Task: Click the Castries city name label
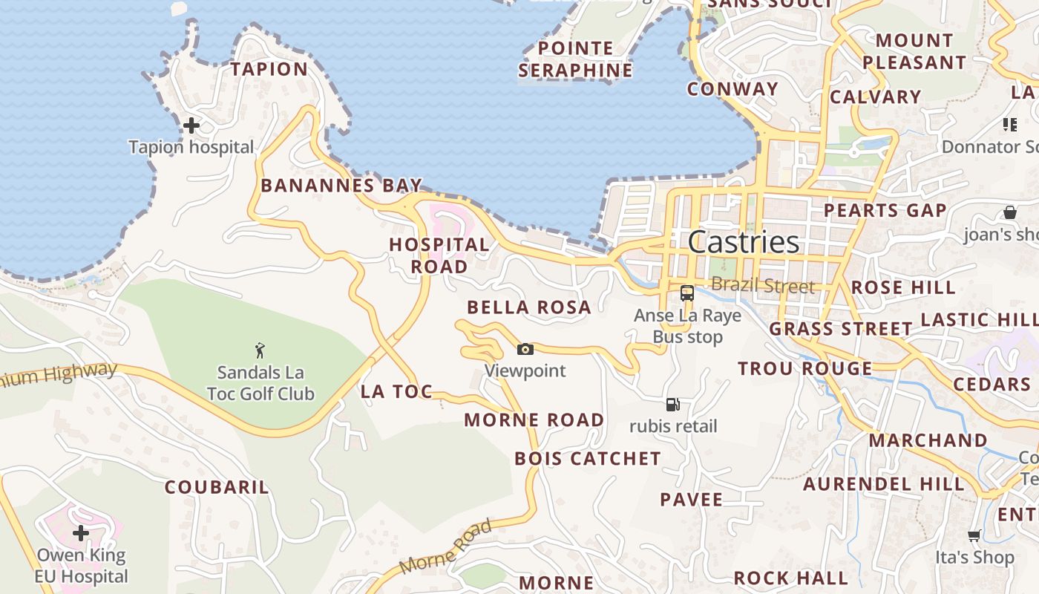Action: pyautogui.click(x=743, y=242)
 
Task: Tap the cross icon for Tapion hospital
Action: pyautogui.click(x=191, y=125)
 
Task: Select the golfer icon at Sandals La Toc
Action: pyautogui.click(x=260, y=350)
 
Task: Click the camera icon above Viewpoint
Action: pyautogui.click(x=525, y=349)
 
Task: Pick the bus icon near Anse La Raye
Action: pyautogui.click(x=687, y=293)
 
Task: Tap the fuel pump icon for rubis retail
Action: pyautogui.click(x=673, y=405)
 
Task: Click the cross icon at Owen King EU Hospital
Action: pyautogui.click(x=81, y=533)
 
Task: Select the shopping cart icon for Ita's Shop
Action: pyautogui.click(x=974, y=536)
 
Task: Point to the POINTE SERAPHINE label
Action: pyautogui.click(x=576, y=59)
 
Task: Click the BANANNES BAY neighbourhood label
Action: pyautogui.click(x=341, y=185)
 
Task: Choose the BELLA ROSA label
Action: pyautogui.click(x=529, y=307)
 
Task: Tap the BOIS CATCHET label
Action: pyautogui.click(x=588, y=458)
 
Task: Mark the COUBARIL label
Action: pyautogui.click(x=217, y=487)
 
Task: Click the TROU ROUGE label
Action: pyautogui.click(x=805, y=368)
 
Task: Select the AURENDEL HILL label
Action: pyautogui.click(x=884, y=484)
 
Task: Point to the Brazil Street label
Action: pyautogui.click(x=763, y=285)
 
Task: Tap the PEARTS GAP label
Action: pyautogui.click(x=885, y=210)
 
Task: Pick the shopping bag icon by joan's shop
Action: pyautogui.click(x=1010, y=212)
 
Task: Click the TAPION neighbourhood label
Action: pyautogui.click(x=269, y=69)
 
